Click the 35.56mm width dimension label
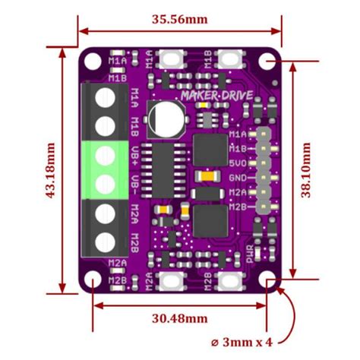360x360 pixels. (x=180, y=15)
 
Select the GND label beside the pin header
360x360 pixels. (x=237, y=178)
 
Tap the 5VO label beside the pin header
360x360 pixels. (x=237, y=163)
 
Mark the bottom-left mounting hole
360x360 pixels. (x=92, y=282)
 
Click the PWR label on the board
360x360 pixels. (x=253, y=253)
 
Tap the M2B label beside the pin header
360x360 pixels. (x=237, y=206)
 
